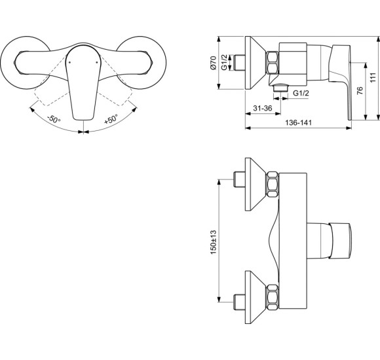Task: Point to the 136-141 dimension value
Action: (x=297, y=122)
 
